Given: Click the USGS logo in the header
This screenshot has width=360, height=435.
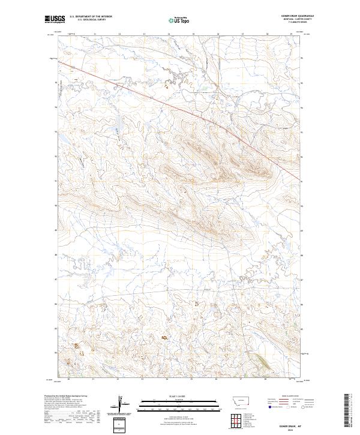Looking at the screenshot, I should click(x=55, y=19).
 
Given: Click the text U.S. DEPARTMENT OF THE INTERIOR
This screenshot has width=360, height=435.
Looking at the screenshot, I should click(x=90, y=16).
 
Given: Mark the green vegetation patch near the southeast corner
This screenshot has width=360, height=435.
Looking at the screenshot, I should click(x=263, y=360).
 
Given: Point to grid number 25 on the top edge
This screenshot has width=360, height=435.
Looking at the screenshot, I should click(x=193, y=35).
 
